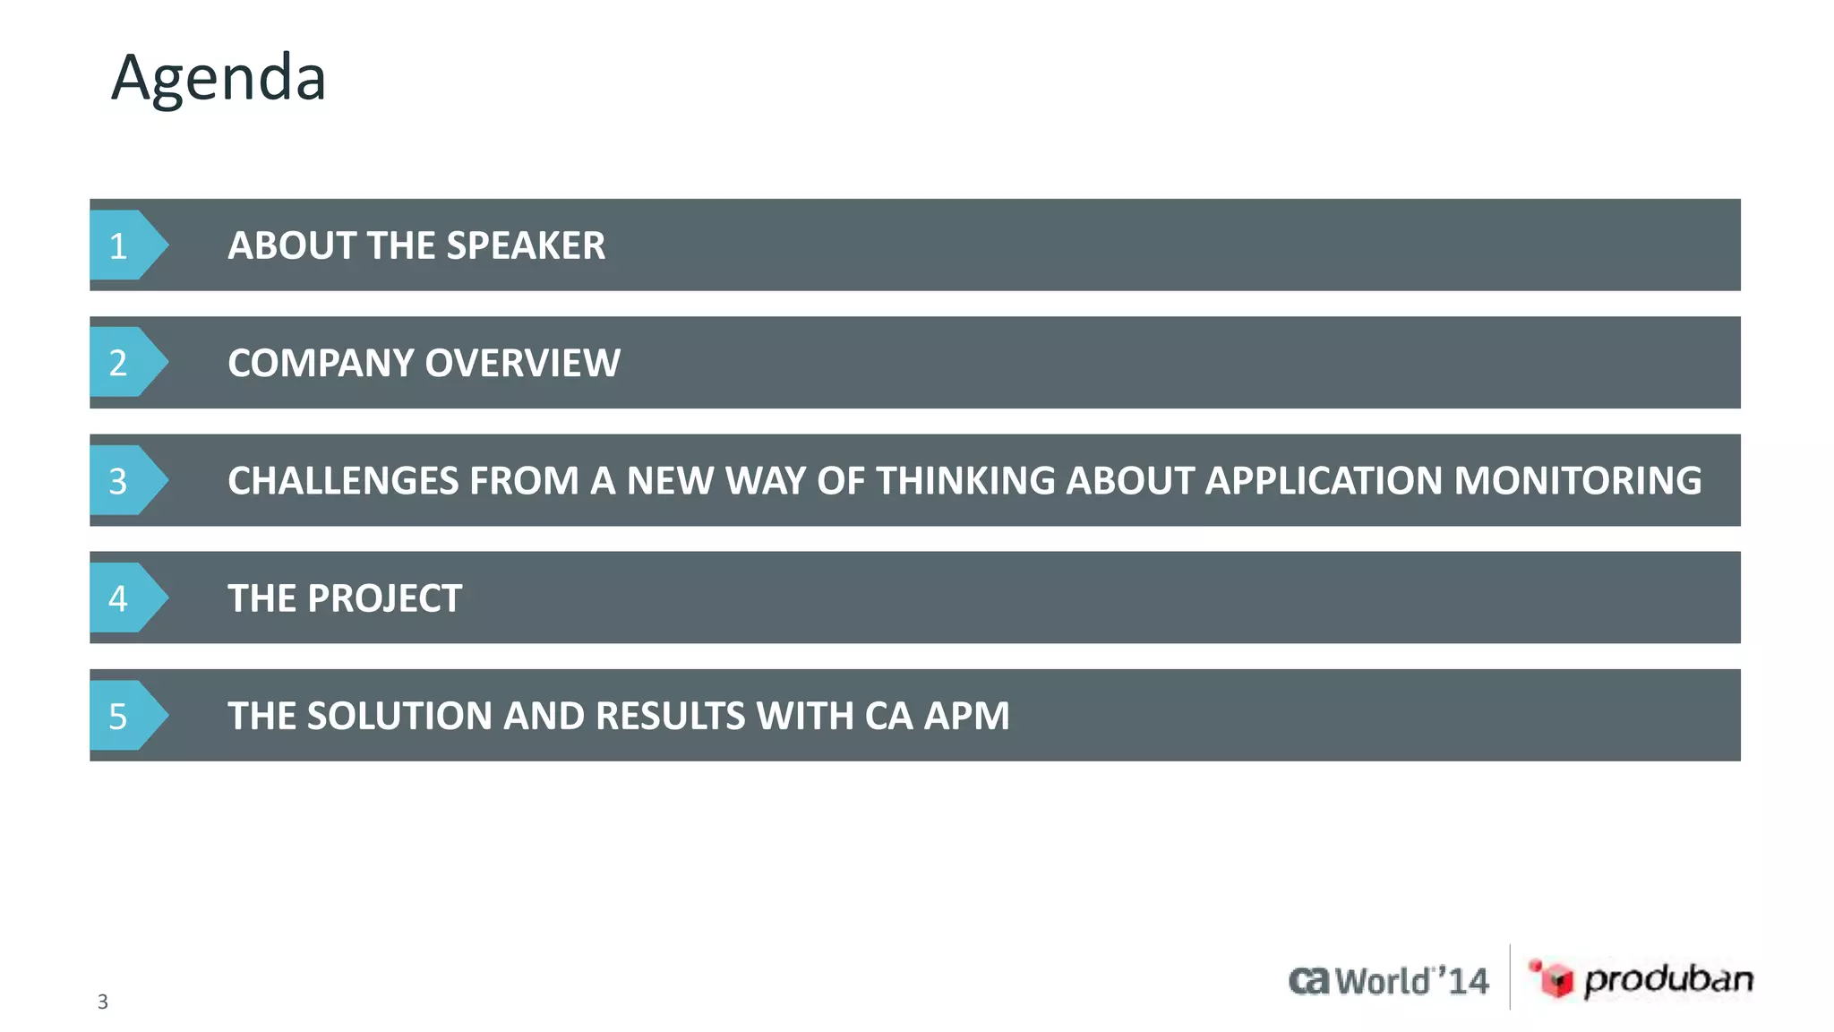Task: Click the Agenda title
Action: (x=219, y=78)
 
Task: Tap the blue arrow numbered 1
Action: (x=125, y=245)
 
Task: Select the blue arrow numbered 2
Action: (x=125, y=363)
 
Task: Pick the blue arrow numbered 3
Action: (x=125, y=481)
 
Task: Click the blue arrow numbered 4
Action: (x=125, y=598)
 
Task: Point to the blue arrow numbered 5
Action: (x=125, y=716)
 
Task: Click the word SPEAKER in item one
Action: (x=526, y=245)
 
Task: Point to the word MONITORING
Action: (x=1577, y=481)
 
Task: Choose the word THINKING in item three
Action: (x=965, y=481)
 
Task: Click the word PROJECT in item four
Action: (x=384, y=598)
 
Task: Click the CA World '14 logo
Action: (x=1388, y=981)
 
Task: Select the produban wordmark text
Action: (x=1668, y=979)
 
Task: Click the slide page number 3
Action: (x=103, y=1002)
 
